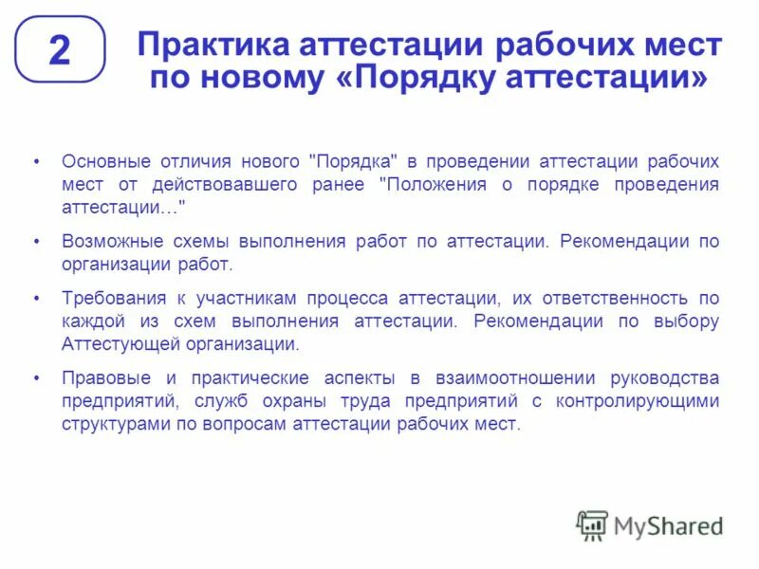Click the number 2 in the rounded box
pos(59,50)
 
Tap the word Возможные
pos(109,241)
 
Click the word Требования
pos(110,298)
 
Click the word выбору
pos(687,321)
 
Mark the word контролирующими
pos(643,400)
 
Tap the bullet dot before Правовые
pos(36,377)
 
